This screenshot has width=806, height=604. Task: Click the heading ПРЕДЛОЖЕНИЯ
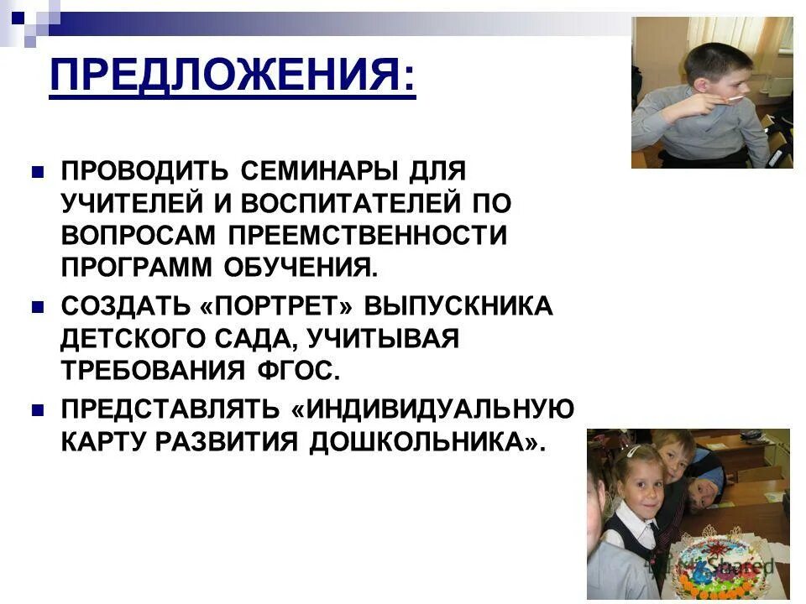click(232, 77)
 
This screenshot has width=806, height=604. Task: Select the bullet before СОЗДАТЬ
click(37, 307)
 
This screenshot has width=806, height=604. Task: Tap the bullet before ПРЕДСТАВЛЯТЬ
click(37, 409)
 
